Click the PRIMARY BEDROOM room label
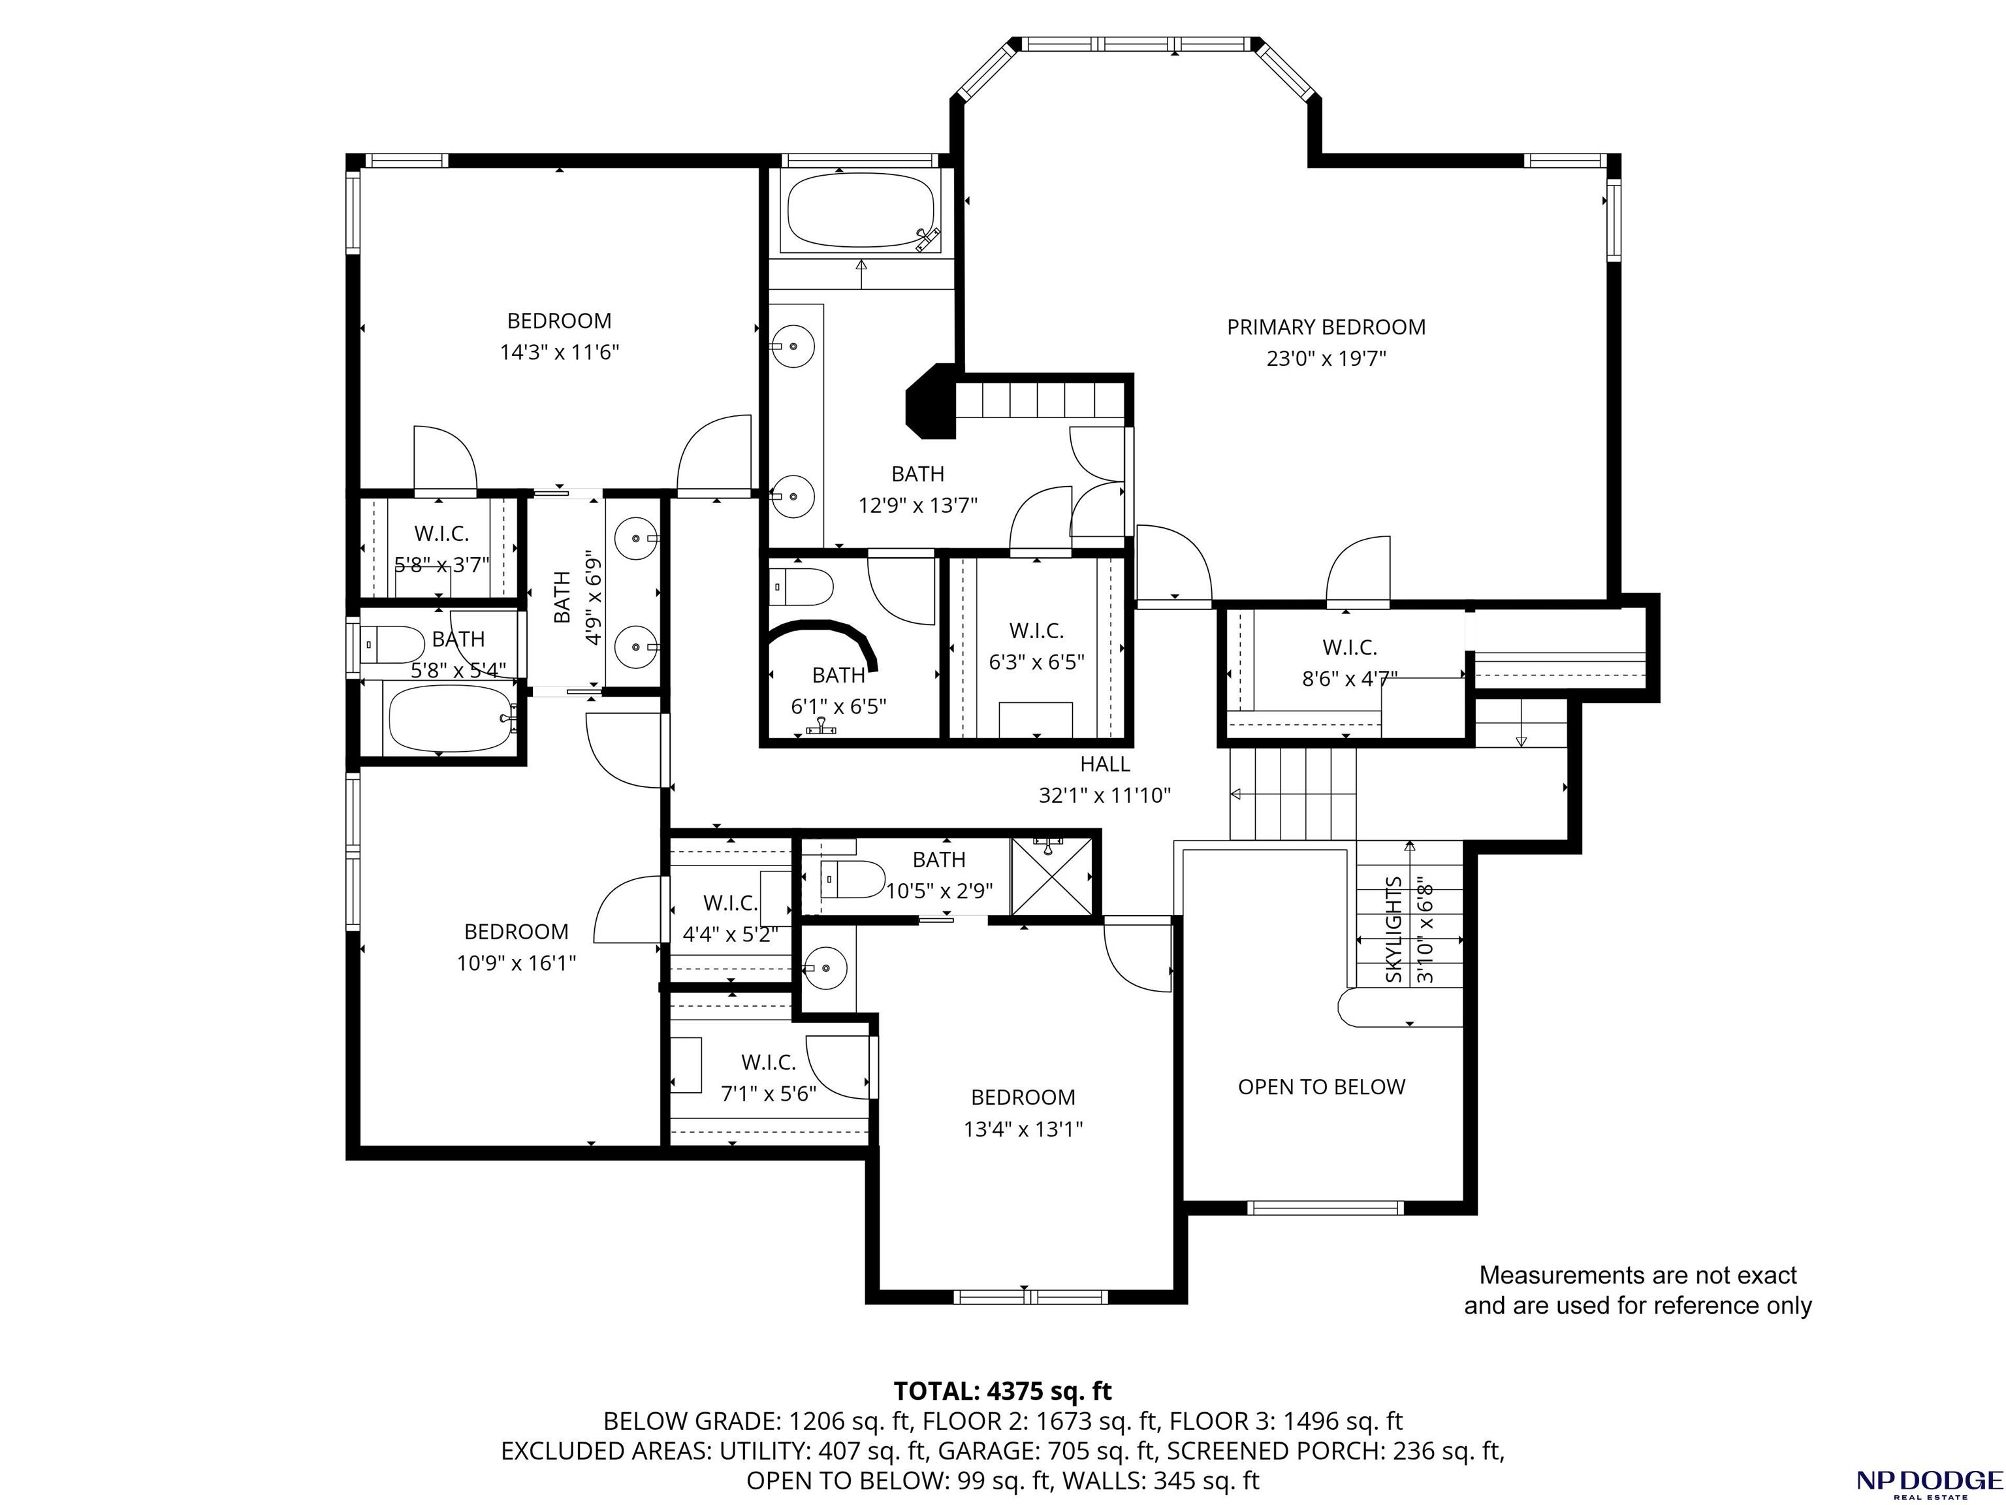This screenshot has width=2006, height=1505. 1326,327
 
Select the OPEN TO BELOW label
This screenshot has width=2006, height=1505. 1321,1087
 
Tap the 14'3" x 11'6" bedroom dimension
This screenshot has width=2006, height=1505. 560,352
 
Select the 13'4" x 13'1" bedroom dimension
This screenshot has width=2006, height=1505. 1023,1129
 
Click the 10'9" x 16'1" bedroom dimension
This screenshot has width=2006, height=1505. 516,963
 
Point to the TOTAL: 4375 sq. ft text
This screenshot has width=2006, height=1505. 1002,1391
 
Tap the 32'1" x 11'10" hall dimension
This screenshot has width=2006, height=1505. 1105,796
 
